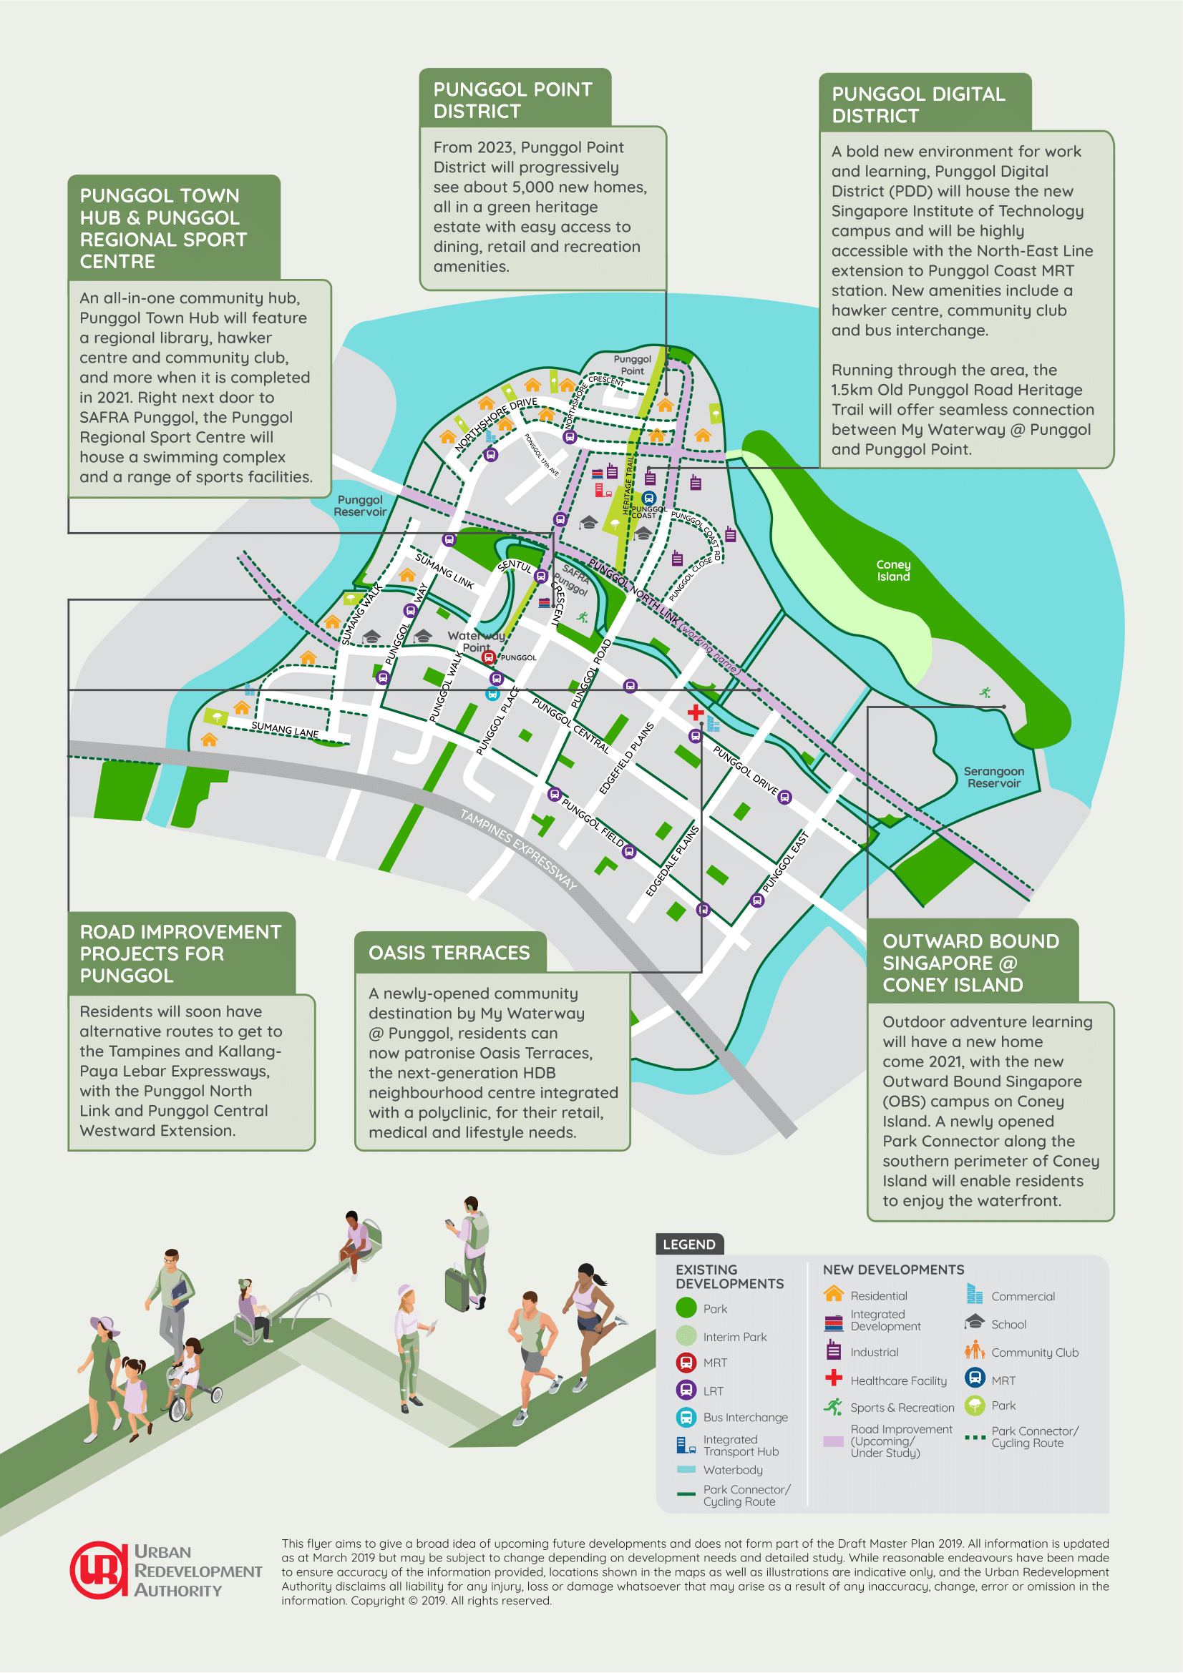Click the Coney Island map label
pos(893,571)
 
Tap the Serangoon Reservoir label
pos(993,777)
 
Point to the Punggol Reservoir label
pos(360,506)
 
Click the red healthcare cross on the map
pos(696,712)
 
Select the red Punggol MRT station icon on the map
pos(488,657)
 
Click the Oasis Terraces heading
pos(449,952)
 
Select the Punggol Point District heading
pos(512,100)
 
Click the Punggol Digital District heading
pos(917,105)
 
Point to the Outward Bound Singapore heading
pos(970,963)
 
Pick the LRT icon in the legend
pos(686,1390)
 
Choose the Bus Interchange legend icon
pos(686,1417)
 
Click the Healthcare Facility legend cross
pos(833,1378)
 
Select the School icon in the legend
pos(975,1322)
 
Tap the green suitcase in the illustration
pos(457,1289)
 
